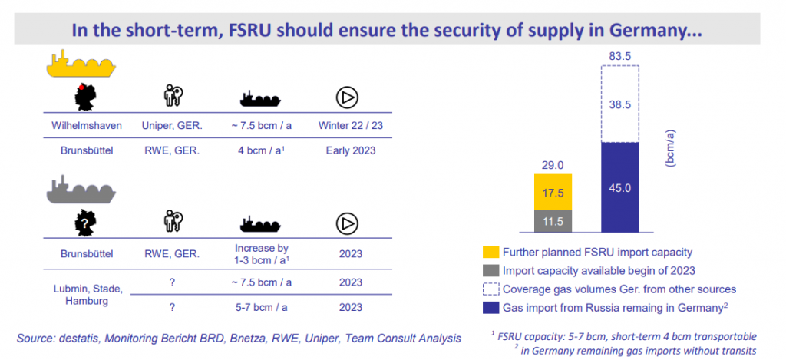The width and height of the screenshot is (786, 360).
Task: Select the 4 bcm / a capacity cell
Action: (x=259, y=150)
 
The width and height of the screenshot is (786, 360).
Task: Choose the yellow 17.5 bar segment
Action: (x=553, y=191)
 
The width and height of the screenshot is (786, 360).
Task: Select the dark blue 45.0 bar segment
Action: (x=619, y=187)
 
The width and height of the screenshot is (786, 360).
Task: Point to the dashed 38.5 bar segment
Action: (x=619, y=104)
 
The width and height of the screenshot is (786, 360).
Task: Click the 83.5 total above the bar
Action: (x=619, y=55)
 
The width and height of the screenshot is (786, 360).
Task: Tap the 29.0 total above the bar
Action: (x=553, y=165)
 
